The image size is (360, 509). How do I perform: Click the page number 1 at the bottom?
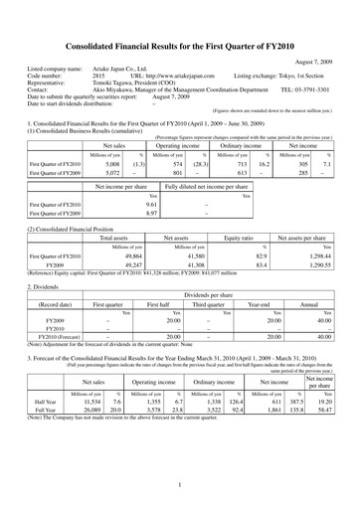click(179, 484)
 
